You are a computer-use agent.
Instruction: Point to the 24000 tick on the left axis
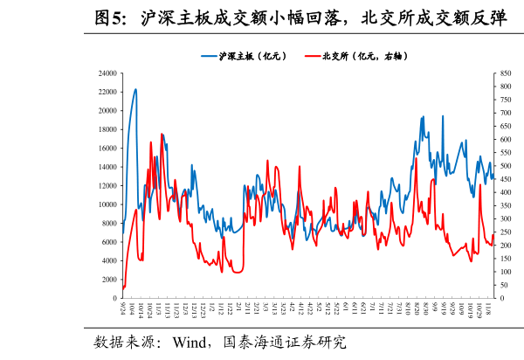(108, 73)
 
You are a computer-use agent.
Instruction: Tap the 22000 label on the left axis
(108, 92)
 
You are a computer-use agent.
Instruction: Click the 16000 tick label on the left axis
(108, 149)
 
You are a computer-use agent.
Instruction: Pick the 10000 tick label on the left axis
(108, 204)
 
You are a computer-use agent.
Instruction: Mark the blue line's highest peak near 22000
(135, 89)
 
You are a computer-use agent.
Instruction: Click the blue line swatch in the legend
(210, 56)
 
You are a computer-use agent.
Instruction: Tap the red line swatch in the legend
(312, 56)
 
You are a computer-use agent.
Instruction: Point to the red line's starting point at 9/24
(123, 287)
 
